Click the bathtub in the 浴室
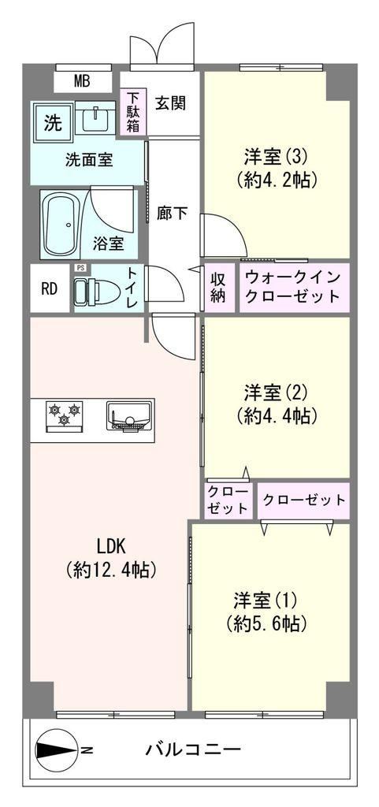[x=61, y=225]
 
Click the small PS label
[x=80, y=268]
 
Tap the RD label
[x=49, y=289]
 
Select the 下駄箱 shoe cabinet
[x=133, y=112]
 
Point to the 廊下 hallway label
[x=173, y=213]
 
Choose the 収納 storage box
[x=218, y=288]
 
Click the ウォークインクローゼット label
[x=292, y=288]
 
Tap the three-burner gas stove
[x=65, y=414]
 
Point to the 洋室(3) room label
[x=276, y=155]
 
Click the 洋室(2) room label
[x=276, y=392]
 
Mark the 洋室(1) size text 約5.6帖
[x=267, y=623]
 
